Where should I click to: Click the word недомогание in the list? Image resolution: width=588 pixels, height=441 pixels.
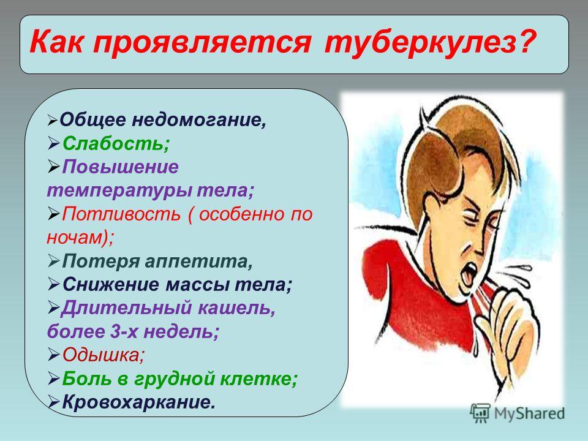[199, 119]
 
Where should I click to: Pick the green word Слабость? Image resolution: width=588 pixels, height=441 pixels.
[116, 143]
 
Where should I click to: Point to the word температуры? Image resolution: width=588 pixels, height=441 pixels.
[119, 190]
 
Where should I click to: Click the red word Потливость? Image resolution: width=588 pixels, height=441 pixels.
[121, 214]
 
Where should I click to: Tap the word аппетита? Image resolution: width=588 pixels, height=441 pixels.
[198, 262]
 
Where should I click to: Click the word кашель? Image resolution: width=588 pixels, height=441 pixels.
[236, 308]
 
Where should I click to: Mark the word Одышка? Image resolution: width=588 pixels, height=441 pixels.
[103, 355]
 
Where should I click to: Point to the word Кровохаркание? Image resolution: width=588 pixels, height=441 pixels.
[139, 402]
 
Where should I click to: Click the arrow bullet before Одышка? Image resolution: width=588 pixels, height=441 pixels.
[54, 355]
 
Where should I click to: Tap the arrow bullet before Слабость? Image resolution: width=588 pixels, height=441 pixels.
[54, 143]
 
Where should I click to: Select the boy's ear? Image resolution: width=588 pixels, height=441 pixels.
[440, 160]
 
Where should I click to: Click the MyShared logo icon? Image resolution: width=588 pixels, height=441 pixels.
[480, 413]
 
